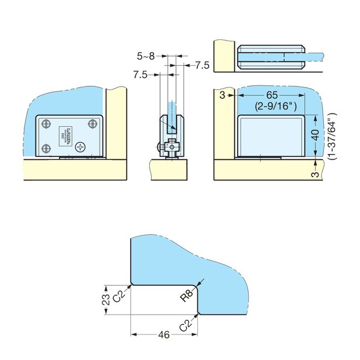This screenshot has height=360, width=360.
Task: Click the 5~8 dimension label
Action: [x=146, y=56]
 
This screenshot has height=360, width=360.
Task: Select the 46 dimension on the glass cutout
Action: [x=163, y=335]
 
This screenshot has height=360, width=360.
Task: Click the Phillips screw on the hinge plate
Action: [x=82, y=147]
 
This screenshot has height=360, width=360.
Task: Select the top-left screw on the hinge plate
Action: [x=47, y=124]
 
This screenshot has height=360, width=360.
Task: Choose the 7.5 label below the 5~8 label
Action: [x=140, y=75]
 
